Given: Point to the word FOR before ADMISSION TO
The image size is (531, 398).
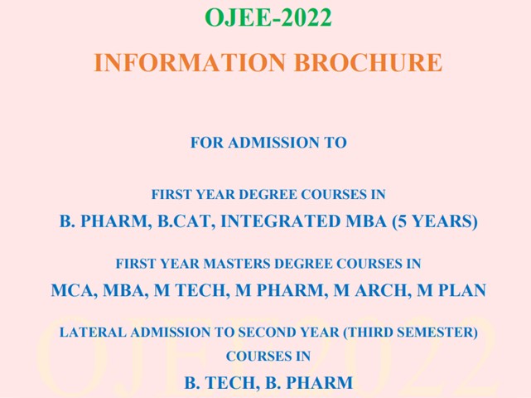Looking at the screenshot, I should [x=205, y=143].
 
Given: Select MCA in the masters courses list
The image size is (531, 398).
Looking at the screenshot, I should [x=71, y=291].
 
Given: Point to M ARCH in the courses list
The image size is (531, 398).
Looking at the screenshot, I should [x=373, y=291].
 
